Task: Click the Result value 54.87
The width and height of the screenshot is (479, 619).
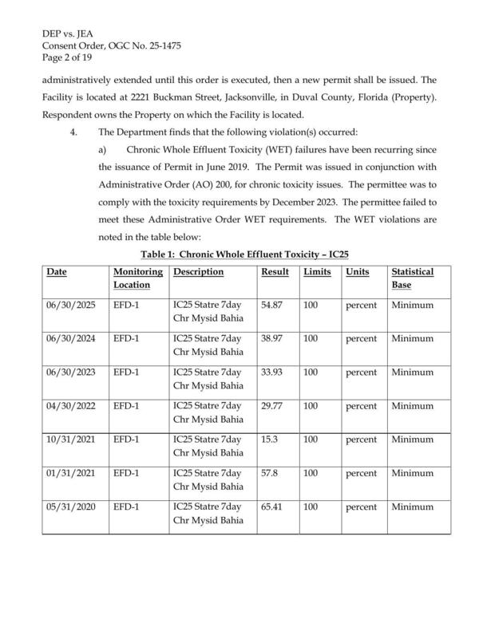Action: (274, 305)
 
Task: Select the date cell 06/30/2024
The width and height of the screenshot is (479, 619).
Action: (71, 338)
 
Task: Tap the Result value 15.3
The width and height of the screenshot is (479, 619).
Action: (270, 439)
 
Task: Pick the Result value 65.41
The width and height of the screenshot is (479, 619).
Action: (274, 506)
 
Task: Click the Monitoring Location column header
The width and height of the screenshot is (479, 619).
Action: (133, 278)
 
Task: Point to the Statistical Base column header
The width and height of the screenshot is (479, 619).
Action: (412, 278)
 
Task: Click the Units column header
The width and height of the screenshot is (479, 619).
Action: (357, 272)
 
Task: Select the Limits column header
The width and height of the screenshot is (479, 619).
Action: (317, 272)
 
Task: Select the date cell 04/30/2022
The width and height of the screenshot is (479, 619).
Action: (71, 405)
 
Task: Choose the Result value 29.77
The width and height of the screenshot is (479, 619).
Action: (274, 405)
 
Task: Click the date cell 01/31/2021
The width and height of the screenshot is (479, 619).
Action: (71, 472)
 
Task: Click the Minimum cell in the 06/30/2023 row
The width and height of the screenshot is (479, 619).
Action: (412, 372)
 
